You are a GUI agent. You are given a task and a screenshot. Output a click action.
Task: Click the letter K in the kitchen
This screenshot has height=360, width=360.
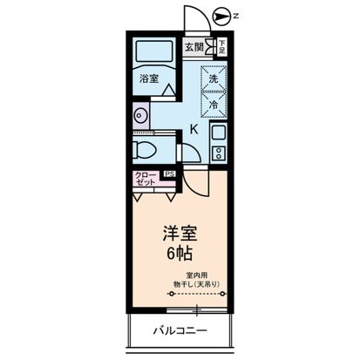click(x=194, y=129)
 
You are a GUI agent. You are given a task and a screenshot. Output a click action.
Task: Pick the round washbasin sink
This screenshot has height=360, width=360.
click(x=139, y=114)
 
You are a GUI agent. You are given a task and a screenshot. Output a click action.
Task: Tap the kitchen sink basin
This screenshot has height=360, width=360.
click(x=218, y=134)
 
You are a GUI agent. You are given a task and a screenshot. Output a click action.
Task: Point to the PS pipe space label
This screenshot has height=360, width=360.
click(x=167, y=174)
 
